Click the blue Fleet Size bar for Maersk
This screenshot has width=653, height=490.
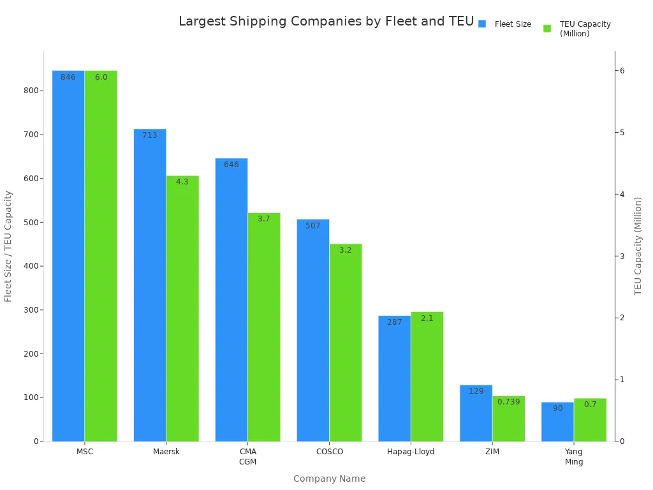[150, 287]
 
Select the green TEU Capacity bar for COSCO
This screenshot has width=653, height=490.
[345, 345]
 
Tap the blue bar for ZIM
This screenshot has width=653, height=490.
[476, 415]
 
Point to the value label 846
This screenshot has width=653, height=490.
[68, 77]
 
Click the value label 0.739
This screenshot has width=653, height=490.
[508, 402]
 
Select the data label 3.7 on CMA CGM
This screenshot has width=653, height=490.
[264, 219]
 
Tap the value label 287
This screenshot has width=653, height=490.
[395, 322]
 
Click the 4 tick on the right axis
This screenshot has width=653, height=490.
[621, 194]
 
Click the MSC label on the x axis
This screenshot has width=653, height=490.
[85, 452]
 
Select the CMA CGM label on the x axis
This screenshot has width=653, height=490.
[247, 456]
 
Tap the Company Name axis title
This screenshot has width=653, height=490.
[329, 479]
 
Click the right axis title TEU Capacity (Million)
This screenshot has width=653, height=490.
[638, 246]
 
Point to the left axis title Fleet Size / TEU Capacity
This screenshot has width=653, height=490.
[8, 246]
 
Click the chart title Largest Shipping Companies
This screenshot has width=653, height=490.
[326, 22]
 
